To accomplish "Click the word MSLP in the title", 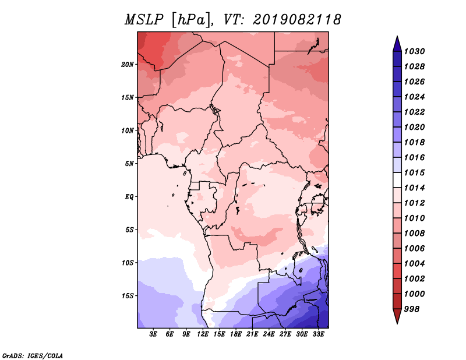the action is (x=144, y=20).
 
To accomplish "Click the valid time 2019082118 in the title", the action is (x=297, y=20).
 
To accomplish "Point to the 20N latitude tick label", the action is (x=128, y=65).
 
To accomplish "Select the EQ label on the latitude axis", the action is (x=129, y=197).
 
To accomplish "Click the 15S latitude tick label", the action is (x=128, y=296).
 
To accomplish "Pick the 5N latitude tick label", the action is (x=129, y=164).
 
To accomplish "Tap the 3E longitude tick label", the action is (x=153, y=334).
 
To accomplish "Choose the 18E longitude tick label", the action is (x=236, y=334).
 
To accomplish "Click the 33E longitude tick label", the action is (x=318, y=334).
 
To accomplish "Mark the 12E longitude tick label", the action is (x=203, y=334).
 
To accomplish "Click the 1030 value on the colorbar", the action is (x=414, y=51).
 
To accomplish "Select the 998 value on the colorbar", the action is (x=412, y=309).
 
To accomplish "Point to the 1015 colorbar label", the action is (x=414, y=172).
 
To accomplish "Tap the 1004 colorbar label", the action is (x=414, y=264).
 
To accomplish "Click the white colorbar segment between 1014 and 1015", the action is (x=397, y=180).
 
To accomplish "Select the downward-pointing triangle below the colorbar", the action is (x=397, y=316).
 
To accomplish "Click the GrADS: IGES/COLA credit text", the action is (x=33, y=355).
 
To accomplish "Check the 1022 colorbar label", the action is (x=414, y=112).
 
